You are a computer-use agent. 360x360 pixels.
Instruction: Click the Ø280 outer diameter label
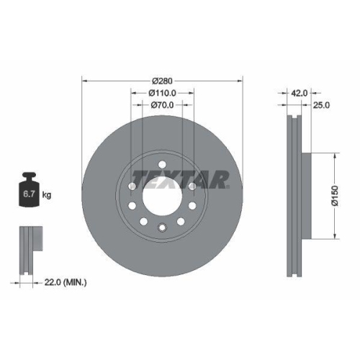pyautogui.click(x=163, y=80)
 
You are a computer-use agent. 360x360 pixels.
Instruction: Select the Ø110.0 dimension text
pyautogui.click(x=163, y=93)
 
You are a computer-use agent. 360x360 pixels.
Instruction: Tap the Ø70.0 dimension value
pyautogui.click(x=163, y=105)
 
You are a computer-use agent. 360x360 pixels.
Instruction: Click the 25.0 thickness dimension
pyautogui.click(x=321, y=106)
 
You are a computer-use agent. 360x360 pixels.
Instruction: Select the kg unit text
pyautogui.click(x=47, y=195)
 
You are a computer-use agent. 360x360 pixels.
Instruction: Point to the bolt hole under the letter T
pyautogui.click(x=133, y=187)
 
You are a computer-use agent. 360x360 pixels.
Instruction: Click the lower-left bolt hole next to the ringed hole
pyautogui.click(x=143, y=222)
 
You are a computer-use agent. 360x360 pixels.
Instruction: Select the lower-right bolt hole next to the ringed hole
pyautogui.click(x=182, y=222)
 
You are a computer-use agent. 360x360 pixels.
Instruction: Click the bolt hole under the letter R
pyautogui.click(x=192, y=187)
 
